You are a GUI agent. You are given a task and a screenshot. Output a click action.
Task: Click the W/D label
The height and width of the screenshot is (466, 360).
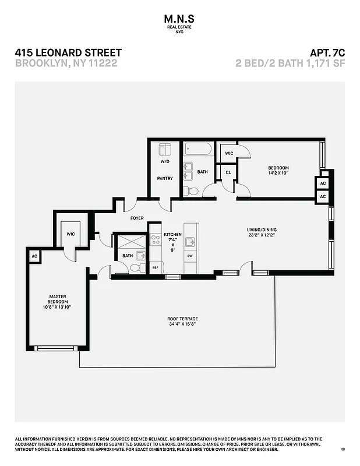[165, 161]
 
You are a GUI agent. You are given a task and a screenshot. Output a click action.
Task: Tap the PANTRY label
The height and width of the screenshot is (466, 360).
[165, 178]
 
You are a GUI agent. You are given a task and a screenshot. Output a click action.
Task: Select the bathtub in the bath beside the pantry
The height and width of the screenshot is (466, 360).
[198, 149]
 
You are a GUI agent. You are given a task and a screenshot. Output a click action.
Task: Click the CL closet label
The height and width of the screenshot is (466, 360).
[228, 173]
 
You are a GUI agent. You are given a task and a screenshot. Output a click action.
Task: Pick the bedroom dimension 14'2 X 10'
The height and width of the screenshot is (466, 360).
[278, 173]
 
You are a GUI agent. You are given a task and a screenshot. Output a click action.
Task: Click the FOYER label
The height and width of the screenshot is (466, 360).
[137, 218]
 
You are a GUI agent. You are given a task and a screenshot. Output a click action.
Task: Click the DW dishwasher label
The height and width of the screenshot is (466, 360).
[190, 256]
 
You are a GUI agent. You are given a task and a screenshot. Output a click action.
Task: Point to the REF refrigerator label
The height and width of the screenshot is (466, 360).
[155, 267]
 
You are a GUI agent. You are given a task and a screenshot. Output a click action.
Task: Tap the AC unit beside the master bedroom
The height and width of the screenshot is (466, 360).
[34, 256]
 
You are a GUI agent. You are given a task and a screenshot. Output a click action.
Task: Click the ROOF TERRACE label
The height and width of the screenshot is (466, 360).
[183, 319]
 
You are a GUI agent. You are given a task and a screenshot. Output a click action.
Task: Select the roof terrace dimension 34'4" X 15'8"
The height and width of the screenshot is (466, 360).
[183, 324]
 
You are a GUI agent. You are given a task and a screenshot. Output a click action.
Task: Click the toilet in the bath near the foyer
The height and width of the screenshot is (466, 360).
[135, 267]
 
